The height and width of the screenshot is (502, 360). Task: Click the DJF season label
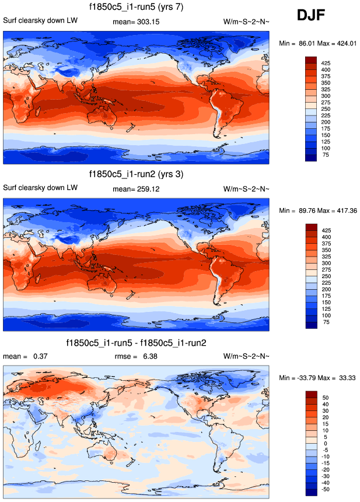pos(316,16)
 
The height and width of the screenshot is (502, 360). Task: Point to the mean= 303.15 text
pos(136,22)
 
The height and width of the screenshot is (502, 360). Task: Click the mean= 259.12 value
pos(136,188)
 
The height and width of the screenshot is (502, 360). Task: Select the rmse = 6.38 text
pos(136,356)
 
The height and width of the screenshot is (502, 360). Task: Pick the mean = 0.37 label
pos(25,356)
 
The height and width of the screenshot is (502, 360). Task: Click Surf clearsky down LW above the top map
pos(40,22)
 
